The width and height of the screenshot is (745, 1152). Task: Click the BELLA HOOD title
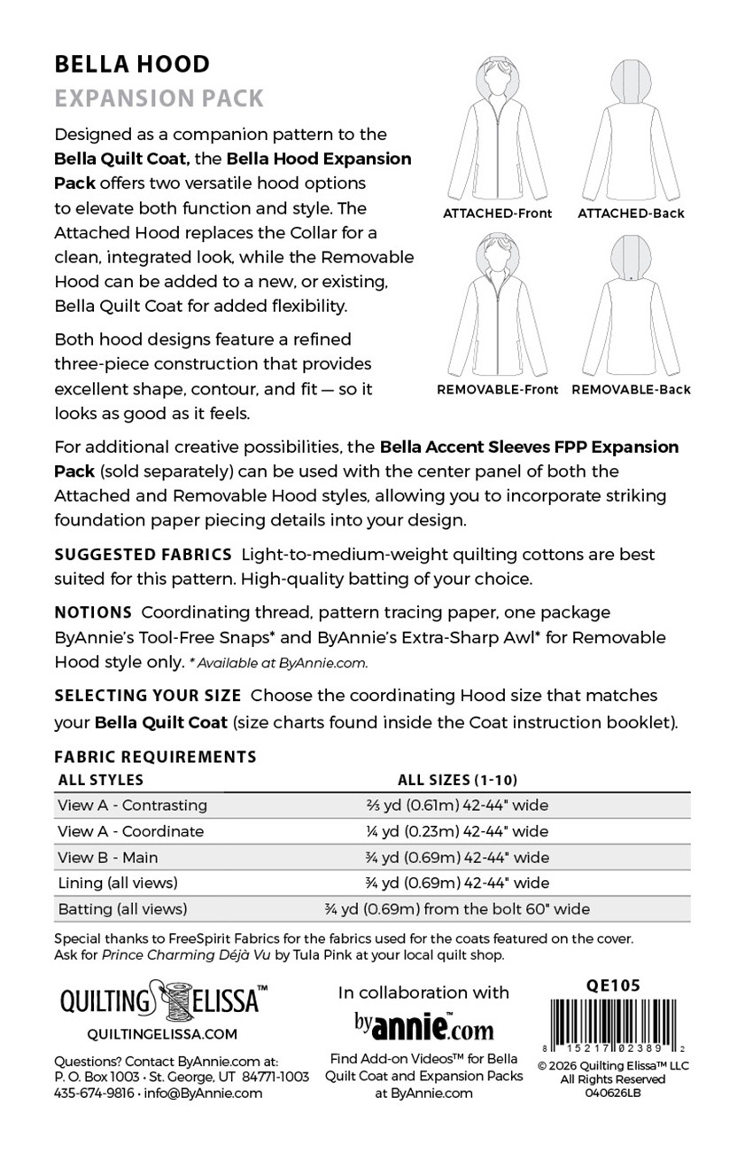pos(132,65)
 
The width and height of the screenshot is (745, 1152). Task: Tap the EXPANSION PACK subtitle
pos(159,97)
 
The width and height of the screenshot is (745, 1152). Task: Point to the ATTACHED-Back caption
pos(631,214)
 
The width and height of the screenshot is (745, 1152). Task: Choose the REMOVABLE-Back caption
pos(631,389)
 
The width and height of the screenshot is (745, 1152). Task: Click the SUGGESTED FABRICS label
pos(143,555)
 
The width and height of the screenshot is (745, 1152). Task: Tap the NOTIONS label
pos(94,612)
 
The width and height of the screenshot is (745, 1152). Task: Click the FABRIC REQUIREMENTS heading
pos(155,757)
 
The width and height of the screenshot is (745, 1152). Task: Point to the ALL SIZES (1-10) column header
pos(457,781)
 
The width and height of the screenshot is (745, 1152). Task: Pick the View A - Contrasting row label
pos(132,806)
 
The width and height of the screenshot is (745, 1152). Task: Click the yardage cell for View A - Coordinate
pos(457,831)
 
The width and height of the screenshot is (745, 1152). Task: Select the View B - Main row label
pos(107,857)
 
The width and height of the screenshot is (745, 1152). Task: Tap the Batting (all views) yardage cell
pos(457,908)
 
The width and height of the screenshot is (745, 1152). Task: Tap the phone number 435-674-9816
pos(94,1093)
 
